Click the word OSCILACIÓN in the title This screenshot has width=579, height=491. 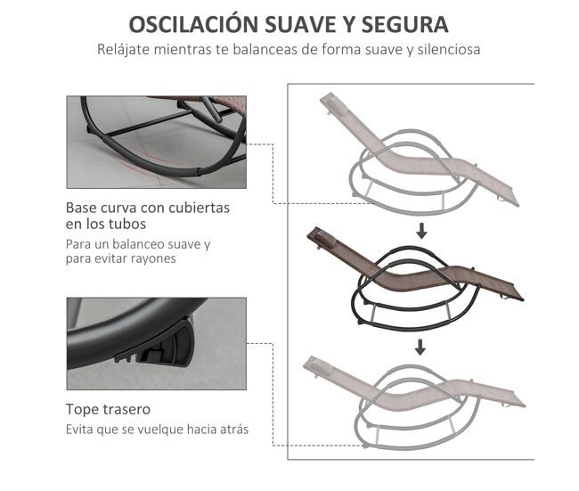click(193, 24)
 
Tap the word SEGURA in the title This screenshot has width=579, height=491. click(404, 25)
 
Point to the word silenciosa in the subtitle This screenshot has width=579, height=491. click(449, 50)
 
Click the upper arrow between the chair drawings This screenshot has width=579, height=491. click(421, 231)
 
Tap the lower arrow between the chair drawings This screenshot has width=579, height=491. click(420, 348)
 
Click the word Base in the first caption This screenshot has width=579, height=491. click(81, 208)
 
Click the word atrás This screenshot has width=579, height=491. click(234, 430)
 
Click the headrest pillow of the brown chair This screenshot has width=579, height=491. click(324, 239)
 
